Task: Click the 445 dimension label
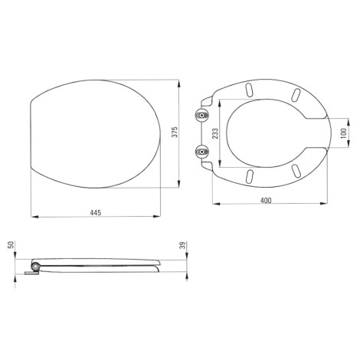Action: click(96, 212)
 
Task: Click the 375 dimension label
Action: click(175, 132)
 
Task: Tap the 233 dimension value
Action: click(215, 133)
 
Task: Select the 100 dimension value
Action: click(344, 133)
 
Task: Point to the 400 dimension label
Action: click(266, 201)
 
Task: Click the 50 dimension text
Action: click(11, 244)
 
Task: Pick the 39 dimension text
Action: click(182, 245)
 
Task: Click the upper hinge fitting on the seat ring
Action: click(202, 115)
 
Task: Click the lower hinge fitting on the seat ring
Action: click(202, 152)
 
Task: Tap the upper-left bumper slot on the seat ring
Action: click(249, 90)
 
